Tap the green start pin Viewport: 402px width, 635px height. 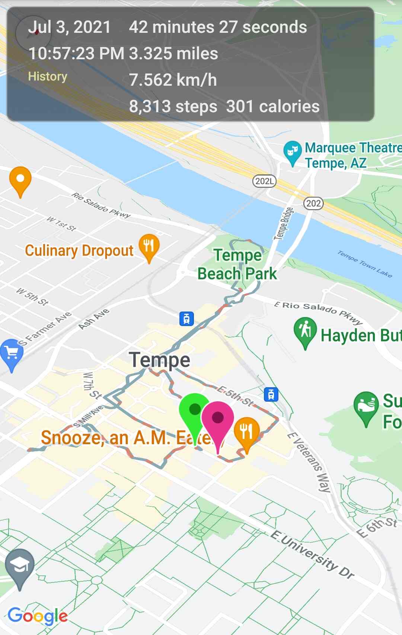[194, 410]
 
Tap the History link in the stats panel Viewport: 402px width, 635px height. [48, 76]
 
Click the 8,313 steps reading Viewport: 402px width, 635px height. [173, 107]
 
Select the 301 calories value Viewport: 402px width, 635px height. [273, 107]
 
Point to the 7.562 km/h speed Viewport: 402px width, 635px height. [173, 80]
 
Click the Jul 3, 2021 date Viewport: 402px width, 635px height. [70, 27]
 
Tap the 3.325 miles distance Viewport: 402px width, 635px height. [173, 54]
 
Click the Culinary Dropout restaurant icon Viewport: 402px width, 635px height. [149, 246]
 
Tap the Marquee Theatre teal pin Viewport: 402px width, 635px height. [292, 151]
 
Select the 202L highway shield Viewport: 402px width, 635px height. [264, 181]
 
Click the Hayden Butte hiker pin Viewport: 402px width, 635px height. [305, 330]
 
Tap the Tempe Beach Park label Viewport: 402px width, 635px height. [237, 265]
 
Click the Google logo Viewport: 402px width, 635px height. [38, 616]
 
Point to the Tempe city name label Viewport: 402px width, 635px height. [160, 360]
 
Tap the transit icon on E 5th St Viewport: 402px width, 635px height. [271, 394]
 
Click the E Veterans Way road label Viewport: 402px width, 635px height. [309, 462]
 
